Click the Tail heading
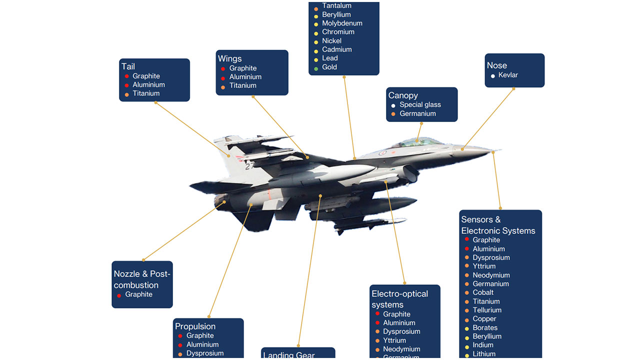click(x=128, y=66)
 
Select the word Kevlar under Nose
click(x=508, y=75)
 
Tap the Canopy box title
click(x=403, y=95)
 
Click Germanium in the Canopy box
click(x=417, y=113)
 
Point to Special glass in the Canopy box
click(x=420, y=105)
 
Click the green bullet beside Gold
click(x=316, y=67)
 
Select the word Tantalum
click(x=336, y=6)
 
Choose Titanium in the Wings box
click(x=242, y=85)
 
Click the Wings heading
click(x=229, y=58)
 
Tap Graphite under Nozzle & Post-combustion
click(x=138, y=294)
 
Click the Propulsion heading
click(x=195, y=326)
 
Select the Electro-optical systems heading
click(x=399, y=299)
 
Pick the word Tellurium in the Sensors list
click(x=487, y=310)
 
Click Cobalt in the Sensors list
click(x=483, y=292)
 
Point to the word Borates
click(x=485, y=327)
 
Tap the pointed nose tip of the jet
click(x=497, y=150)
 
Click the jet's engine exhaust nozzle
click(x=220, y=201)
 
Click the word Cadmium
click(x=336, y=49)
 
